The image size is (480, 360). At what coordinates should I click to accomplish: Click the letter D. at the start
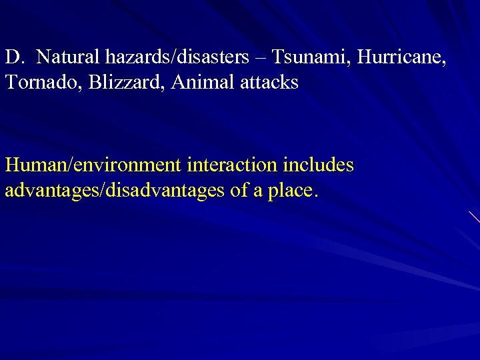pos(15,57)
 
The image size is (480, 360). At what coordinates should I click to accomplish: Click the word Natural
pos(67,57)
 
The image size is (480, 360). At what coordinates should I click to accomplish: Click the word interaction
pos(231,165)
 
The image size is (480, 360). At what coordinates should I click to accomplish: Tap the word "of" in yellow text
pos(239,191)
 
